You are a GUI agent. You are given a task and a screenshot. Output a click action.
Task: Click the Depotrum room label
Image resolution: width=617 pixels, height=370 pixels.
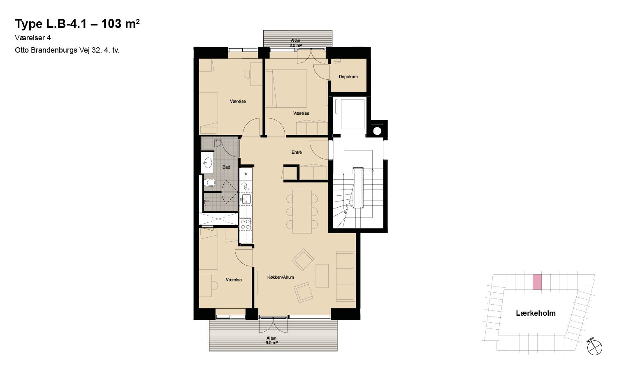[x=348, y=77]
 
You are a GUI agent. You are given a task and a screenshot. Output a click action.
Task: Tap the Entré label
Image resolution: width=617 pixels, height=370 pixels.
[x=297, y=152]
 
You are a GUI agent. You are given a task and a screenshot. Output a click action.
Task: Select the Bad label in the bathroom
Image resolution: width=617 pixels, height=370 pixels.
[x=226, y=167]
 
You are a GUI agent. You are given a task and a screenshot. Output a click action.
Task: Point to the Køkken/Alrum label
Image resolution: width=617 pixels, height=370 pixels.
[x=281, y=277]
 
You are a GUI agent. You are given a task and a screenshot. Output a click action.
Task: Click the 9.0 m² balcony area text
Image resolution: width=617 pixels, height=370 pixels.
[x=271, y=343]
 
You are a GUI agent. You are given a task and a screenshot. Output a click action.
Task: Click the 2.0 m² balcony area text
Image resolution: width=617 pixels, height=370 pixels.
[x=296, y=45]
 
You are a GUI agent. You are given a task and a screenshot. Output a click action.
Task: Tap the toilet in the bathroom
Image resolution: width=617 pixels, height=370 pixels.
[x=210, y=183]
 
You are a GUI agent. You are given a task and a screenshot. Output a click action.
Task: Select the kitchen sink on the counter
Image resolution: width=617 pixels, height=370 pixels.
[x=246, y=199]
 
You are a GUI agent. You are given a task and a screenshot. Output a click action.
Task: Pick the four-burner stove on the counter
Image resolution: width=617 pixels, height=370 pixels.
[x=246, y=224]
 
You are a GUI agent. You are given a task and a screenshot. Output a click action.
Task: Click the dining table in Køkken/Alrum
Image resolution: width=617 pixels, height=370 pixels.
[x=302, y=211]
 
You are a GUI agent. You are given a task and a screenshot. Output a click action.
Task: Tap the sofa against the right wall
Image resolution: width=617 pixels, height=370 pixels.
[x=346, y=276]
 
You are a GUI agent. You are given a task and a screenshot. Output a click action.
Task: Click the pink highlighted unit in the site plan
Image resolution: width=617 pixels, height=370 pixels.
[x=537, y=282]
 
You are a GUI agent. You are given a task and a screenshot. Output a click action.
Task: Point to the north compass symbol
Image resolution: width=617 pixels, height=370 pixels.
[x=594, y=347]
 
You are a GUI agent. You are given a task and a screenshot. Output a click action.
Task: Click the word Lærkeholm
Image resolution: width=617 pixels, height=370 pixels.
[x=536, y=313]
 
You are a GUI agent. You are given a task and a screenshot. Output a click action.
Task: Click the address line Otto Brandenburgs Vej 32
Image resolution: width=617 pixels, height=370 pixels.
[x=57, y=51]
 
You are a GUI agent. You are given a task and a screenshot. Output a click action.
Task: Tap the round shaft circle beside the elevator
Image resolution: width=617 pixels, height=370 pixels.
[x=377, y=131]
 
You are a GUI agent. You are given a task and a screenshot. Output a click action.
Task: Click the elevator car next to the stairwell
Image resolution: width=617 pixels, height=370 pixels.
[x=353, y=114]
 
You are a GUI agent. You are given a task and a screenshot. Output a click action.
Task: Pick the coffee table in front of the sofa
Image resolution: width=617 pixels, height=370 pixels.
[x=322, y=276]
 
